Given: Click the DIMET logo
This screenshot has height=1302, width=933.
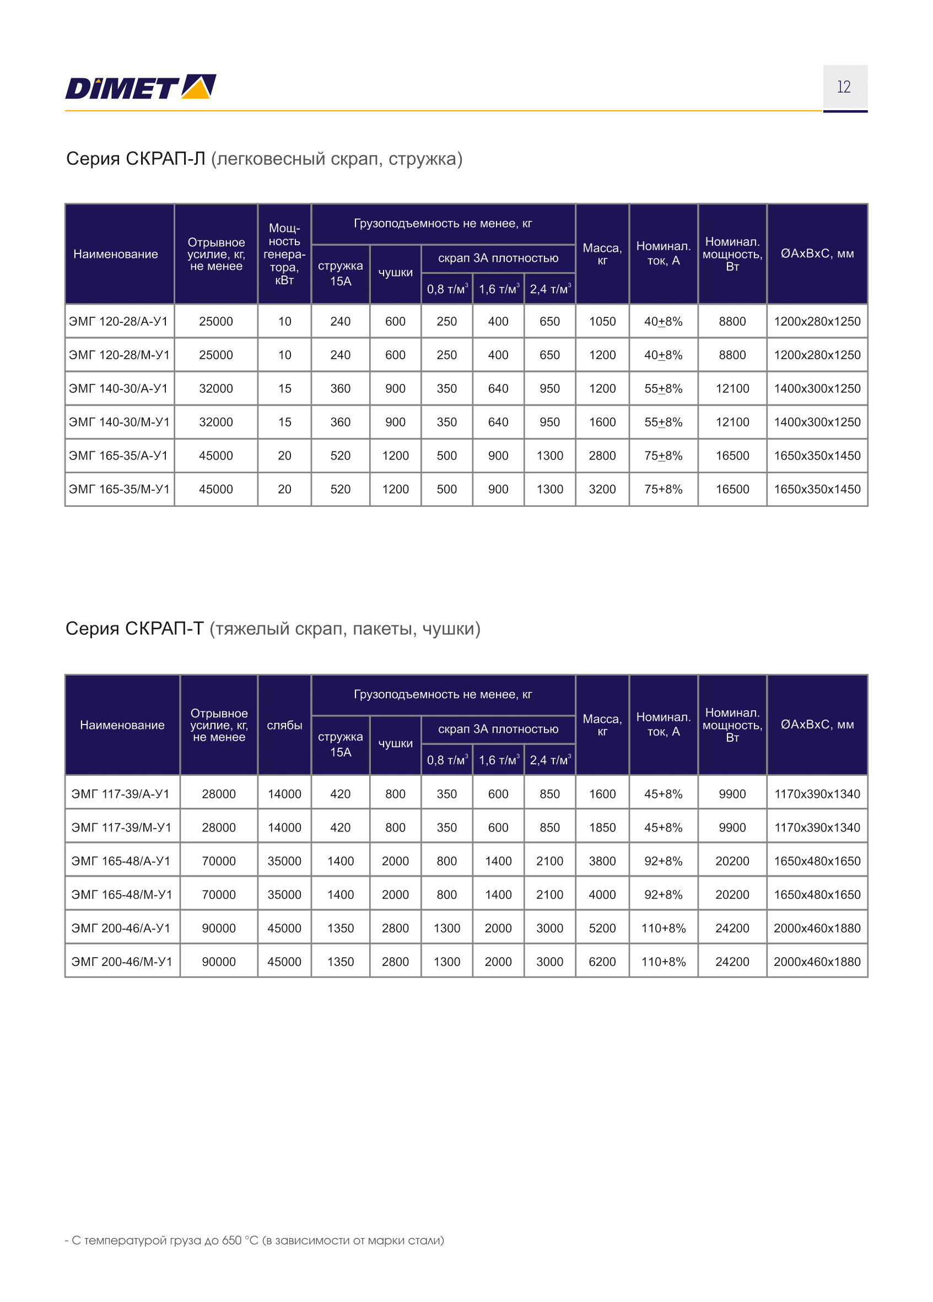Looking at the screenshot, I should tap(140, 87).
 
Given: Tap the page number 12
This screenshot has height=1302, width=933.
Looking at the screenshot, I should tap(843, 87).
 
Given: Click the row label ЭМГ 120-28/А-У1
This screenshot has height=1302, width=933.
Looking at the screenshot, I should tap(118, 321).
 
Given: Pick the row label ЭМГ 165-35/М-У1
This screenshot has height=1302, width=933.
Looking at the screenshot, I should tap(119, 489).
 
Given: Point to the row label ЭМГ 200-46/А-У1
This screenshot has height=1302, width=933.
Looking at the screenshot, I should tap(121, 928).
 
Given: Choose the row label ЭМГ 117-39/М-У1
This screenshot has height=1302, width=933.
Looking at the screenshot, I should tap(121, 827).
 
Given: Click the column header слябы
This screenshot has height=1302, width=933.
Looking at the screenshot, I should tap(284, 725).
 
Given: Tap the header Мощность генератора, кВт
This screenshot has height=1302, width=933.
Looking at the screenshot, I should tap(284, 254).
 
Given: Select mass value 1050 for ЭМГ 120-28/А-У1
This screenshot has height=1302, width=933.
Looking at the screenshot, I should tap(602, 321).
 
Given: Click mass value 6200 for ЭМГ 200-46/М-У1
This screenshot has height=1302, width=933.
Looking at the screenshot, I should tap(602, 961).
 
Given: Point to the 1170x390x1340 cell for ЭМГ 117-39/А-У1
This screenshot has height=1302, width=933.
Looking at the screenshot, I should tap(817, 794).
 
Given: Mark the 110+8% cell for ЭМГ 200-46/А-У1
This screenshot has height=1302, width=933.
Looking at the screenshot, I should tap(663, 928).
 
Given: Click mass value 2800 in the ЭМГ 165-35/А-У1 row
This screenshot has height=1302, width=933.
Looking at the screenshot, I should tap(602, 456).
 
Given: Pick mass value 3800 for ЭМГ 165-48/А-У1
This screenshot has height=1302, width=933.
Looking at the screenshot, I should tap(602, 861).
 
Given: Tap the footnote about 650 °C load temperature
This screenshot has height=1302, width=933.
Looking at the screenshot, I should tap(255, 1240).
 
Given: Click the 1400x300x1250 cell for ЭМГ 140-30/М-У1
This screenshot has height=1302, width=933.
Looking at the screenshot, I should tap(817, 422).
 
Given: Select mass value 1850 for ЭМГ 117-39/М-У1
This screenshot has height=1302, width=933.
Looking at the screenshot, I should tap(602, 827).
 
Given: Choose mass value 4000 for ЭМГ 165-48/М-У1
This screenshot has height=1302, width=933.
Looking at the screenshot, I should tap(602, 894).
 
